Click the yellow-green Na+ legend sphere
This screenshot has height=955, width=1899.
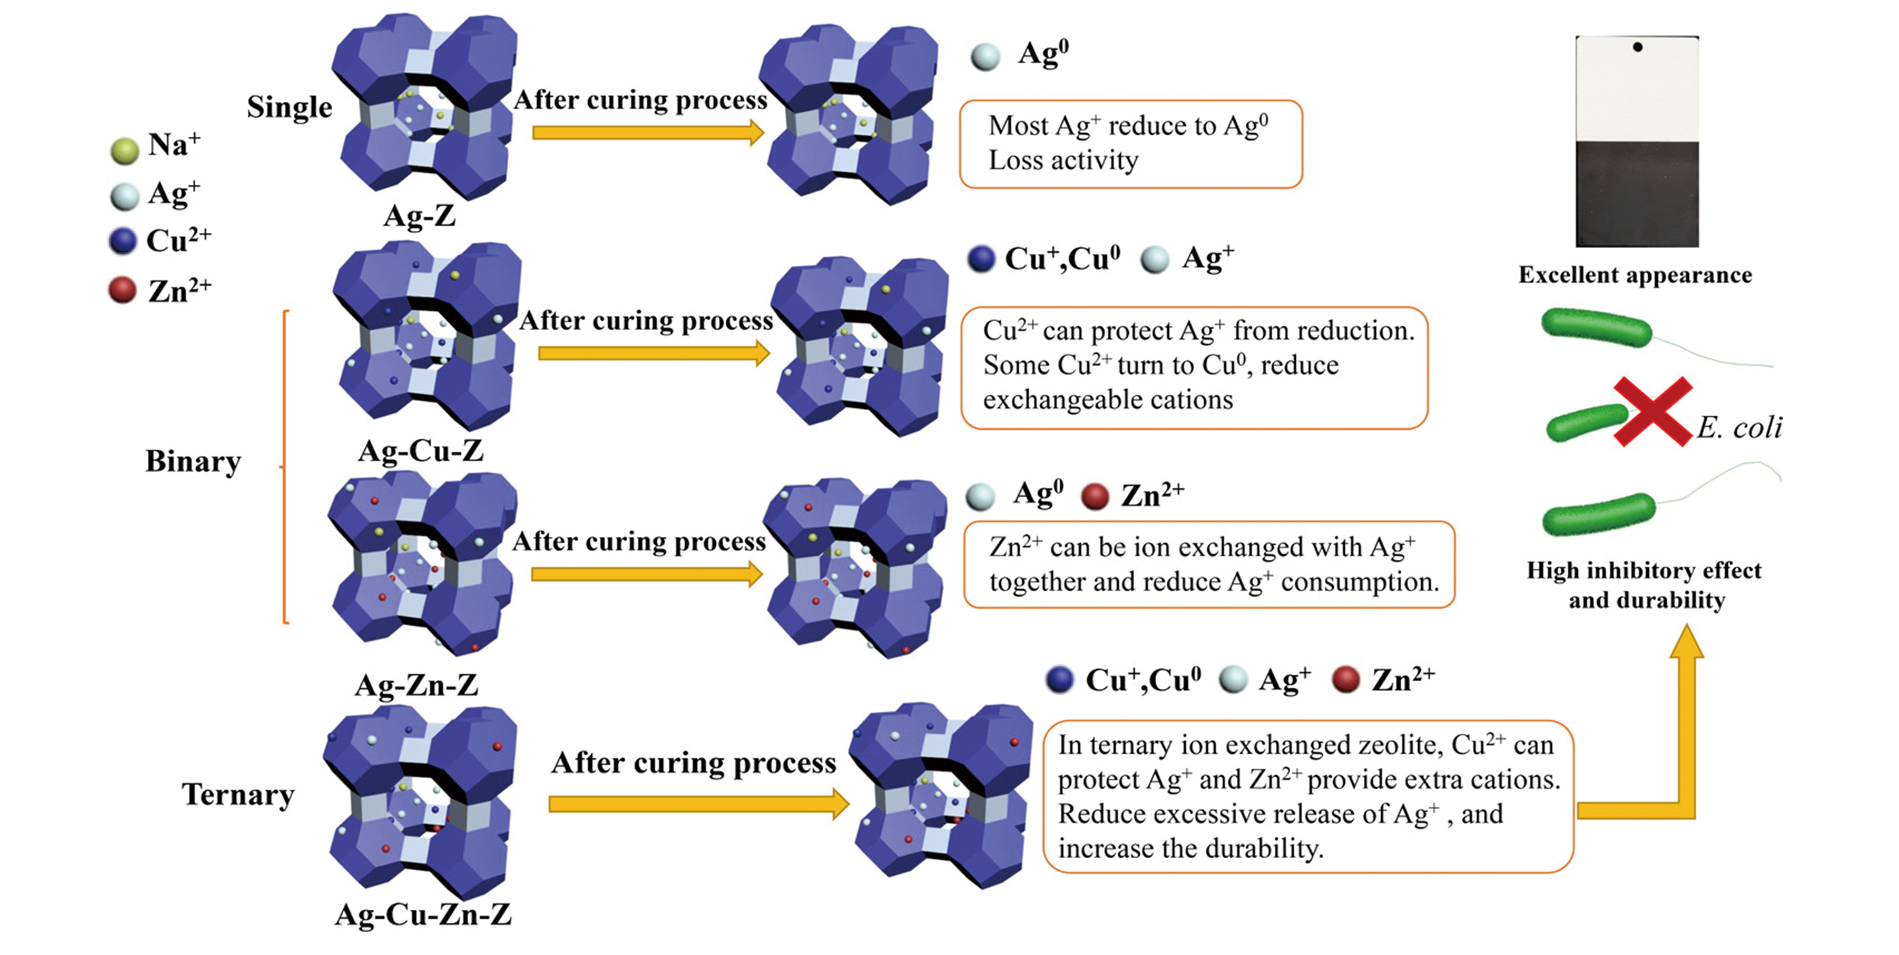coord(124,150)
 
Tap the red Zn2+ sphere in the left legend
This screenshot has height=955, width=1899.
coord(122,289)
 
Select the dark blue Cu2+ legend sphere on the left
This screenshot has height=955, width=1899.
coord(123,241)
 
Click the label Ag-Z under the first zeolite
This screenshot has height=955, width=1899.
coord(419,216)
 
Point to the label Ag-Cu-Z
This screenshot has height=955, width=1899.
coord(420,450)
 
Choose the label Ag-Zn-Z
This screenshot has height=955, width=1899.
coord(416,685)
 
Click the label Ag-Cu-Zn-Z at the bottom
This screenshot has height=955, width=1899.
coord(423,915)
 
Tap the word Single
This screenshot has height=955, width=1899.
coord(289,107)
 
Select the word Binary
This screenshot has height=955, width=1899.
coord(193,462)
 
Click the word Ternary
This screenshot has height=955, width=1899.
coord(238,794)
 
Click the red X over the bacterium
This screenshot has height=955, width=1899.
coord(1653,411)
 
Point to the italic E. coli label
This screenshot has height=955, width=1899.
coord(1739,428)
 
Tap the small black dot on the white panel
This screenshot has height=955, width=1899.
coord(1638,47)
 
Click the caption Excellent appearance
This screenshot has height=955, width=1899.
coord(1635,275)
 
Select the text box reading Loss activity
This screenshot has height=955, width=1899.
coord(1130,144)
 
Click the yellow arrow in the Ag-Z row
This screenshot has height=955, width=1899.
coord(647,132)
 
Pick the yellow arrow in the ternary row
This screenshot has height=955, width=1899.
coord(698,804)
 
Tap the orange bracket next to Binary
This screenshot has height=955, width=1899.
coord(285,466)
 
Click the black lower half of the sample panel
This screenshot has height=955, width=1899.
coord(1637,194)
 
